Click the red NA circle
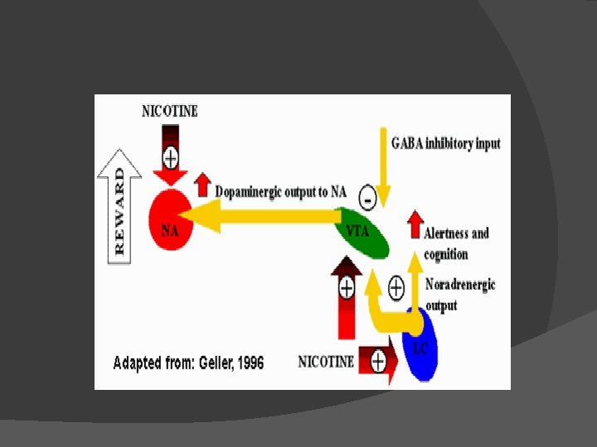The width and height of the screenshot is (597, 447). pyautogui.click(x=170, y=219)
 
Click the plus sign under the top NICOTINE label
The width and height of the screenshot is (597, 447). pyautogui.click(x=170, y=156)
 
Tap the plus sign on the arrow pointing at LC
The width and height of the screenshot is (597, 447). pyautogui.click(x=378, y=361)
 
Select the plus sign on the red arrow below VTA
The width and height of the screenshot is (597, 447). pyautogui.click(x=347, y=287)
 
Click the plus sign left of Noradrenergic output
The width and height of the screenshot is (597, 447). pyautogui.click(x=396, y=287)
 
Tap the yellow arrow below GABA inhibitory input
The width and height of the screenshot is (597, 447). pyautogui.click(x=381, y=157)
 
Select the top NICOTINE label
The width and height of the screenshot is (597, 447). pyautogui.click(x=170, y=111)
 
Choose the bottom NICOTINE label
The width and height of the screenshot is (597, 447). pyautogui.click(x=326, y=362)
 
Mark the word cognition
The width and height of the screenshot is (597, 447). pyautogui.click(x=446, y=254)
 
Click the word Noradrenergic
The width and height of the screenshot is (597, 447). pyautogui.click(x=460, y=285)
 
